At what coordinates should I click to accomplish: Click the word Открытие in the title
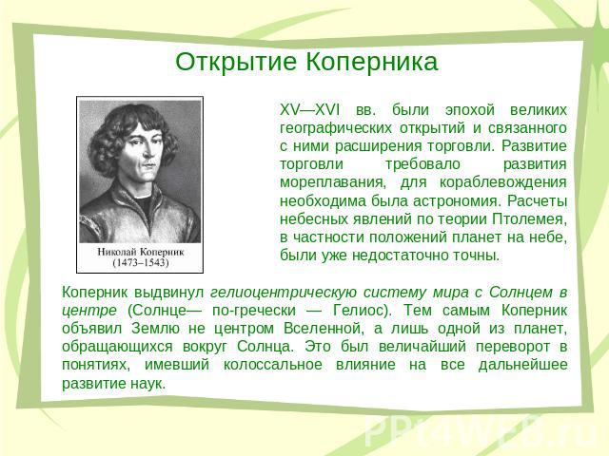[x=236, y=62]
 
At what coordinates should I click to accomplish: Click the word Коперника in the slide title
[x=372, y=62]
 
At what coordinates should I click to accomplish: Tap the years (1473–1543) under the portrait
[x=141, y=263]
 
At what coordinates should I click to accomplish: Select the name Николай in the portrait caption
[x=115, y=252]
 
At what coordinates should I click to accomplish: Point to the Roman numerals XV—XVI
[x=310, y=110]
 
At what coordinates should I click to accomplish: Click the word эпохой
[x=469, y=110]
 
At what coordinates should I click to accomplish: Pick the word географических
[x=336, y=128]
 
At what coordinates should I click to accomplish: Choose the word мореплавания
[x=333, y=182]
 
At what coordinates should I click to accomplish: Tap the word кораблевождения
[x=503, y=182]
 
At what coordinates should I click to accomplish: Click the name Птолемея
[x=530, y=219]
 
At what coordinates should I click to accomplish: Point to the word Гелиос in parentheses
[x=362, y=311]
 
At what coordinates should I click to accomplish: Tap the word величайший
[x=422, y=347]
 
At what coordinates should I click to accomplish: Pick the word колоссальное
[x=273, y=365]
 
